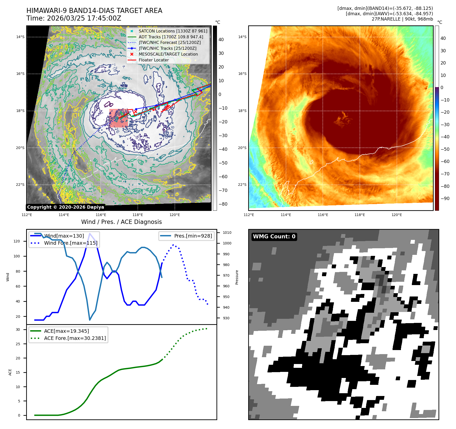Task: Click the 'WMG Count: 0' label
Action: click(x=274, y=237)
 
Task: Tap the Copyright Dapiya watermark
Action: click(x=65, y=207)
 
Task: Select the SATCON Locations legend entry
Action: click(x=173, y=31)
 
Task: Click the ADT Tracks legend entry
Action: click(x=171, y=37)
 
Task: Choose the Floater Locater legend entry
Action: click(x=154, y=60)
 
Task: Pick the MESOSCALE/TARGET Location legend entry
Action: click(x=168, y=54)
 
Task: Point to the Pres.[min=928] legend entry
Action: click(x=193, y=236)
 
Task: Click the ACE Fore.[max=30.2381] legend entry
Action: click(x=75, y=338)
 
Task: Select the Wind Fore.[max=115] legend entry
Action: click(x=71, y=243)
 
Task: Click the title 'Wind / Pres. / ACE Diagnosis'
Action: click(x=121, y=222)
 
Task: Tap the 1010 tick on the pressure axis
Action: click(x=227, y=233)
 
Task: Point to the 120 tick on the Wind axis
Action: click(x=17, y=241)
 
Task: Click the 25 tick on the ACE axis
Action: click(x=18, y=344)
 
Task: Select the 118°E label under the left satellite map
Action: click(x=138, y=215)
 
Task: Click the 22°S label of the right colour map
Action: click(x=242, y=185)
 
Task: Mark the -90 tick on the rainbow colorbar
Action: click(x=445, y=199)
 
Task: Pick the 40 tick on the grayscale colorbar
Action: click(x=221, y=40)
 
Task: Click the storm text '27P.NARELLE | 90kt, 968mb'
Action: click(x=402, y=19)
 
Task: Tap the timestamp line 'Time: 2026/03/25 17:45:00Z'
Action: click(x=74, y=18)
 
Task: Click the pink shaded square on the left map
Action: click(x=119, y=118)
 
